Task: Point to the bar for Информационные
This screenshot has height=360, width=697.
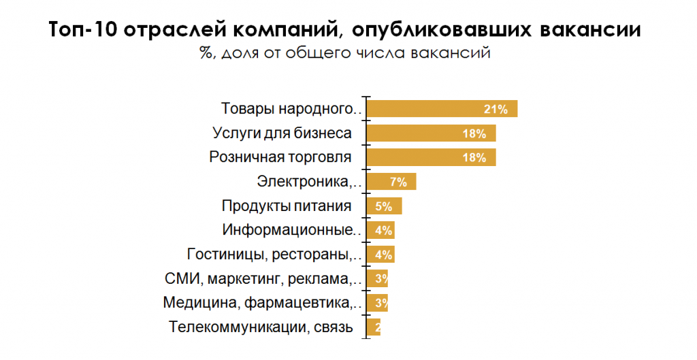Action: coord(380,230)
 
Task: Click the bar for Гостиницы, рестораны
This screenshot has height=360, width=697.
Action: coord(380,255)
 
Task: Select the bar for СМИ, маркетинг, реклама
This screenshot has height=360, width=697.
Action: coord(377,278)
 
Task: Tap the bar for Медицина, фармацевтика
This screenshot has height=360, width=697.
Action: coord(377,303)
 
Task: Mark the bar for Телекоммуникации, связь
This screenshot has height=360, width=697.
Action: coord(373,327)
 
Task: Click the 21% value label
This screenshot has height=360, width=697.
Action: coord(496,109)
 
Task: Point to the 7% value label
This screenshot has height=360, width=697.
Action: coord(398,182)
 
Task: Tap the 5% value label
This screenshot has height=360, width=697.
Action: coord(384,206)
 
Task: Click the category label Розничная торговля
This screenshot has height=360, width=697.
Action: coord(280,157)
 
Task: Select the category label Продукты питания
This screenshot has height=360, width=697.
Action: coord(287,206)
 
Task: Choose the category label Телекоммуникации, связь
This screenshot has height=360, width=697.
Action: coord(261,327)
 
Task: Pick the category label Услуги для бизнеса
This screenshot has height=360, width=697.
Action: coord(282,133)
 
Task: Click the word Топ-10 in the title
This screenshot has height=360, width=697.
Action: coord(86,31)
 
